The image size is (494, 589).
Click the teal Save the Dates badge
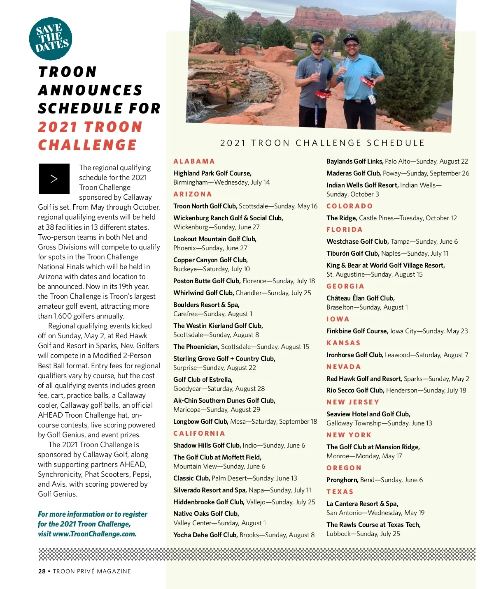51,39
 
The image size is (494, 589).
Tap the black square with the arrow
54,179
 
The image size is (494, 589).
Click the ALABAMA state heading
194,161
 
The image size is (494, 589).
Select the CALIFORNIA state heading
199,433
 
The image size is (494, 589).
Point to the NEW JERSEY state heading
353,402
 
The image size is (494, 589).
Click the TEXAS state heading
340,492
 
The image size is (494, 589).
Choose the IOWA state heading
338,319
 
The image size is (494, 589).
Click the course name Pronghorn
342,480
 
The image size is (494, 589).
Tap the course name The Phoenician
196,346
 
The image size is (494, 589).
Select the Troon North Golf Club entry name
205,206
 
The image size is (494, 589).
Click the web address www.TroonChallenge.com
94,534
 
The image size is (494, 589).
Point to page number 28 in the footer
42,571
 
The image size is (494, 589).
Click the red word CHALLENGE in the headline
87,145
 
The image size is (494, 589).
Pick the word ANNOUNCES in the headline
90,90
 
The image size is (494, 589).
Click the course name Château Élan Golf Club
360,298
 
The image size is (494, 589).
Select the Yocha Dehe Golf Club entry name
205,535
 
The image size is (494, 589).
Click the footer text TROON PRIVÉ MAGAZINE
92,571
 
